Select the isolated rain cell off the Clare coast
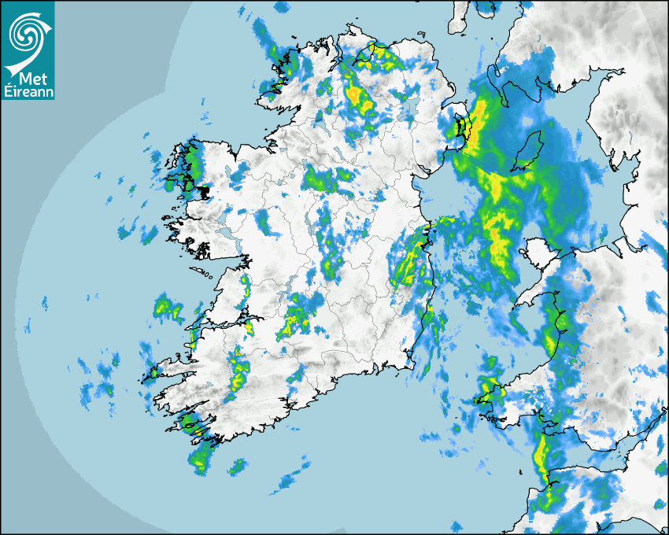tap(168, 306)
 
